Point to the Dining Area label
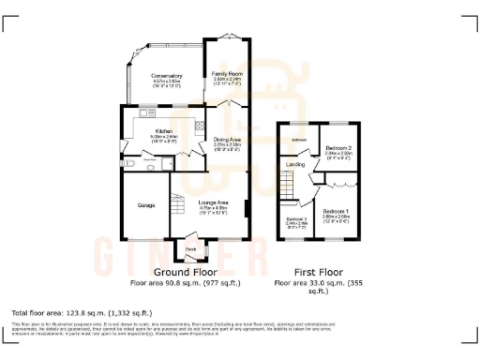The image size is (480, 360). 228,140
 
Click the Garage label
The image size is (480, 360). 145,204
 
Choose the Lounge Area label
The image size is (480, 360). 214,202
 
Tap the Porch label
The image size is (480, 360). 191,248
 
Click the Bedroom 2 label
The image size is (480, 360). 338,148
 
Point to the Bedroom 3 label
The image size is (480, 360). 296,220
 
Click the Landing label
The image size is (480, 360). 295,164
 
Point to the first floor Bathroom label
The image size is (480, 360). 300,141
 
